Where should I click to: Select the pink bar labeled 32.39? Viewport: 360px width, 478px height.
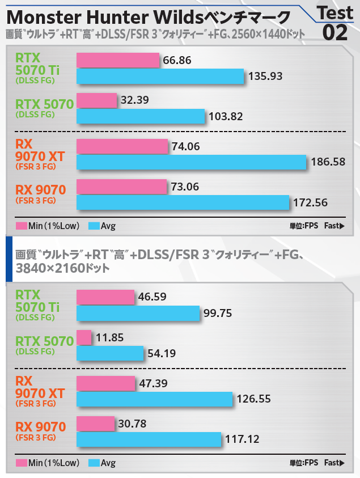[x=96, y=100]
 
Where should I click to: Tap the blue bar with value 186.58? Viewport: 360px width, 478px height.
[x=191, y=162]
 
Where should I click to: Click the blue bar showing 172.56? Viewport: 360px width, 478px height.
[x=183, y=202]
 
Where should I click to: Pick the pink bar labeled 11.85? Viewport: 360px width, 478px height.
[x=84, y=337]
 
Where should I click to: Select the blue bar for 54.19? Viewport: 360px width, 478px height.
[x=110, y=353]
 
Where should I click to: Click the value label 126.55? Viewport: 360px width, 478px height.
[x=255, y=399]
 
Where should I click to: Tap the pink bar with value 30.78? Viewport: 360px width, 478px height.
[x=95, y=423]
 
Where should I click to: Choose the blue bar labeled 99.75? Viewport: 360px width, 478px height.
[x=138, y=313]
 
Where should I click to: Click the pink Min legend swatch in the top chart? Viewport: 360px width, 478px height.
[x=22, y=226]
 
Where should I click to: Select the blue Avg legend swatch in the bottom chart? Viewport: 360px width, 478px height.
[x=94, y=463]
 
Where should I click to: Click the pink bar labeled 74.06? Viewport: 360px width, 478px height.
[x=122, y=146]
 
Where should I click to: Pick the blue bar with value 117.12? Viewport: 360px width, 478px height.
[x=149, y=439]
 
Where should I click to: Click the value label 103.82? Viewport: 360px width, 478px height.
[x=227, y=116]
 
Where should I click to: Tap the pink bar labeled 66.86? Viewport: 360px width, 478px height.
[x=118, y=60]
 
